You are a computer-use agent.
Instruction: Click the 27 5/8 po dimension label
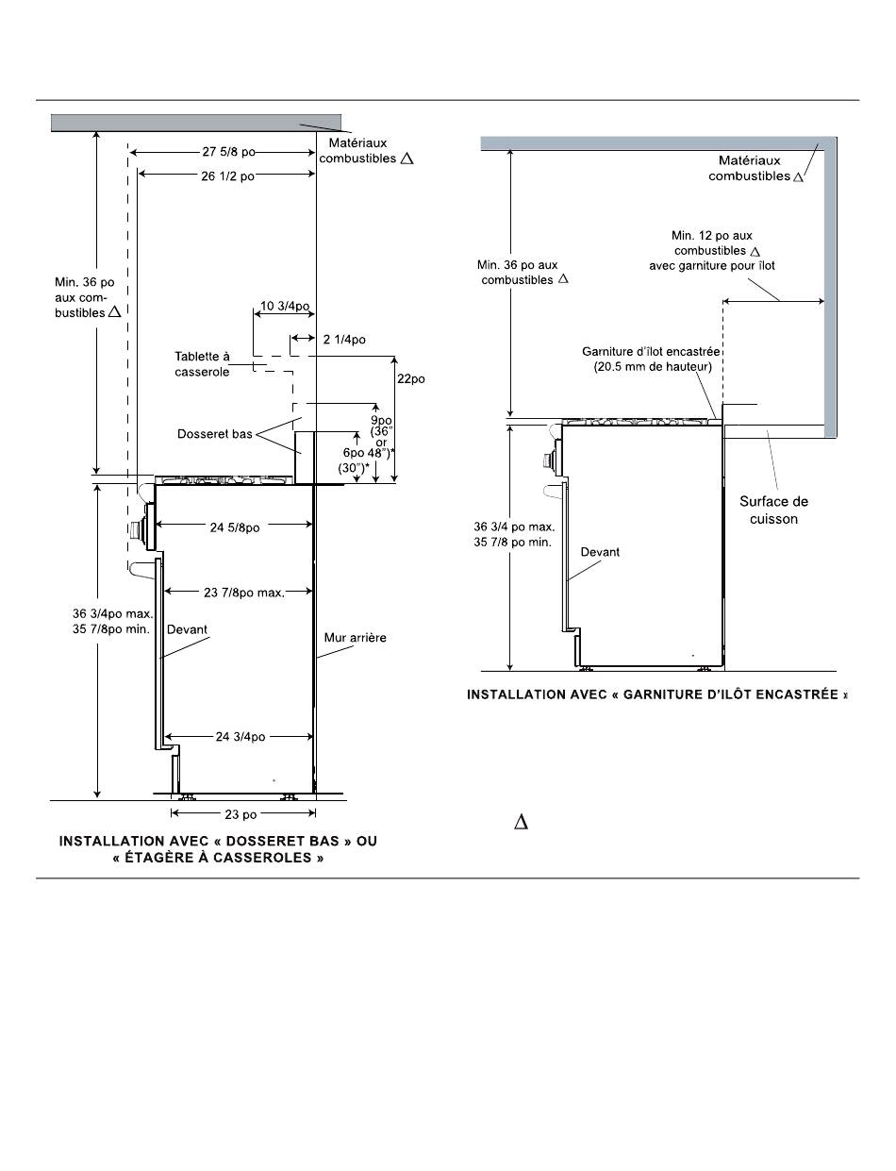(228, 152)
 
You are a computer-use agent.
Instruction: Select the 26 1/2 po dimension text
(227, 176)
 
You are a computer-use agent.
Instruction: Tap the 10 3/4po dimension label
(285, 306)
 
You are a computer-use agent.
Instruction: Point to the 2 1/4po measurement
(344, 340)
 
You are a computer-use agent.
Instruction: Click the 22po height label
(411, 378)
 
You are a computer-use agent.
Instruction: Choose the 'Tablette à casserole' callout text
(202, 363)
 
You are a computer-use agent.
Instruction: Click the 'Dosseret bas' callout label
(215, 434)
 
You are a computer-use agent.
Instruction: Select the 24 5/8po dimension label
(235, 527)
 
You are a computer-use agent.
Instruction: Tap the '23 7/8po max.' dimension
(243, 593)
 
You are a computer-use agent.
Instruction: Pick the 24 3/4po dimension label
(241, 737)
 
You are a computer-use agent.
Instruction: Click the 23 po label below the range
(241, 814)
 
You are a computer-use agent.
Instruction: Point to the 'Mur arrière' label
(356, 638)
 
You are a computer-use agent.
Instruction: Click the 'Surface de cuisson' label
(773, 510)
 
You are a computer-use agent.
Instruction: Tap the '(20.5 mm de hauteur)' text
(653, 367)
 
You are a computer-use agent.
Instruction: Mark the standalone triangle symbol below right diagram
(521, 822)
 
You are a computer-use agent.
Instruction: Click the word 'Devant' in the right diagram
(600, 552)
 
